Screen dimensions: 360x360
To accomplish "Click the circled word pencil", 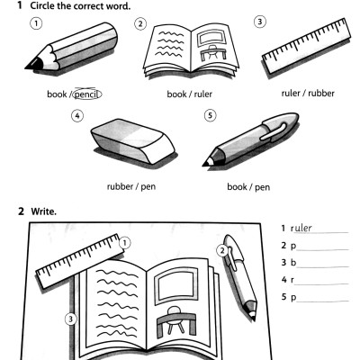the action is (x=87, y=94).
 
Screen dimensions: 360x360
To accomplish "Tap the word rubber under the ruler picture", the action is (x=321, y=94).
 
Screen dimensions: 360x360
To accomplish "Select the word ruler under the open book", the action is (x=203, y=94).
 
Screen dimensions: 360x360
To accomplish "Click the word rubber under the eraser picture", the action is (x=120, y=186).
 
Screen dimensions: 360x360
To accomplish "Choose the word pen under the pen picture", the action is (x=263, y=187).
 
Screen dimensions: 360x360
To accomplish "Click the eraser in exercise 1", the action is (x=132, y=141).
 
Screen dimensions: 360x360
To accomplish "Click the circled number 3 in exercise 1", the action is (x=260, y=22).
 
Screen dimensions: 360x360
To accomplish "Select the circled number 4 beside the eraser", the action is (x=77, y=116).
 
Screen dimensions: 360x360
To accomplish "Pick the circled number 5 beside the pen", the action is (x=210, y=115).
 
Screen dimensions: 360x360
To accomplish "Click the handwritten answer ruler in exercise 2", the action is (x=301, y=229).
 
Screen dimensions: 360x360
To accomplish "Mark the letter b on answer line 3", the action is (x=293, y=263).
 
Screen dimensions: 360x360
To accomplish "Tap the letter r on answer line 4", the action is (x=292, y=281).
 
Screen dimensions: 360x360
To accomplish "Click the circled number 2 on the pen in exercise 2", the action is (x=222, y=250).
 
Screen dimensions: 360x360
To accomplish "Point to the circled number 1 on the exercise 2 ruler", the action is (x=125, y=243).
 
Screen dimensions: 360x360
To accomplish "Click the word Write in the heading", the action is (x=43, y=211).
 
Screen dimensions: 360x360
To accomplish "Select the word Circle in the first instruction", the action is (x=42, y=5).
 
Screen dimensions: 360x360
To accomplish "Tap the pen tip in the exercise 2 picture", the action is (x=253, y=317).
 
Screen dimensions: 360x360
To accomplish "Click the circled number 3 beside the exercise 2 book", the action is (x=71, y=319).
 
